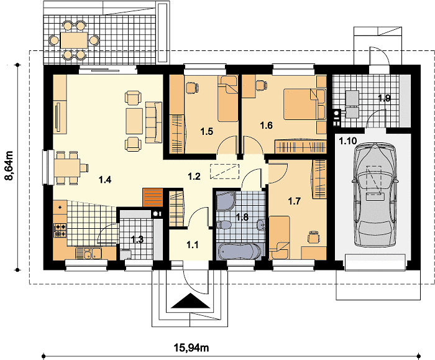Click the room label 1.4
105,180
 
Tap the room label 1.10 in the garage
348,141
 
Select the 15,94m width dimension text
191,347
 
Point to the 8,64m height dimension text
9,166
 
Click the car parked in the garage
375,195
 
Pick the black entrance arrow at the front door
190,301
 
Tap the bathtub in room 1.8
239,251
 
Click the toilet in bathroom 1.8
224,225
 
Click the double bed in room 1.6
301,104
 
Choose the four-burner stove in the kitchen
60,231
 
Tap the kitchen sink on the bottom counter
88,253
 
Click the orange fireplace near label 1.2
152,197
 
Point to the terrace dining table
74,40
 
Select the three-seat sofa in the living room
153,122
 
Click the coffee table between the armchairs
135,121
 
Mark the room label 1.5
207,131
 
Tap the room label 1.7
295,201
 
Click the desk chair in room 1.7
314,237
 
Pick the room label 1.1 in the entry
192,245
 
